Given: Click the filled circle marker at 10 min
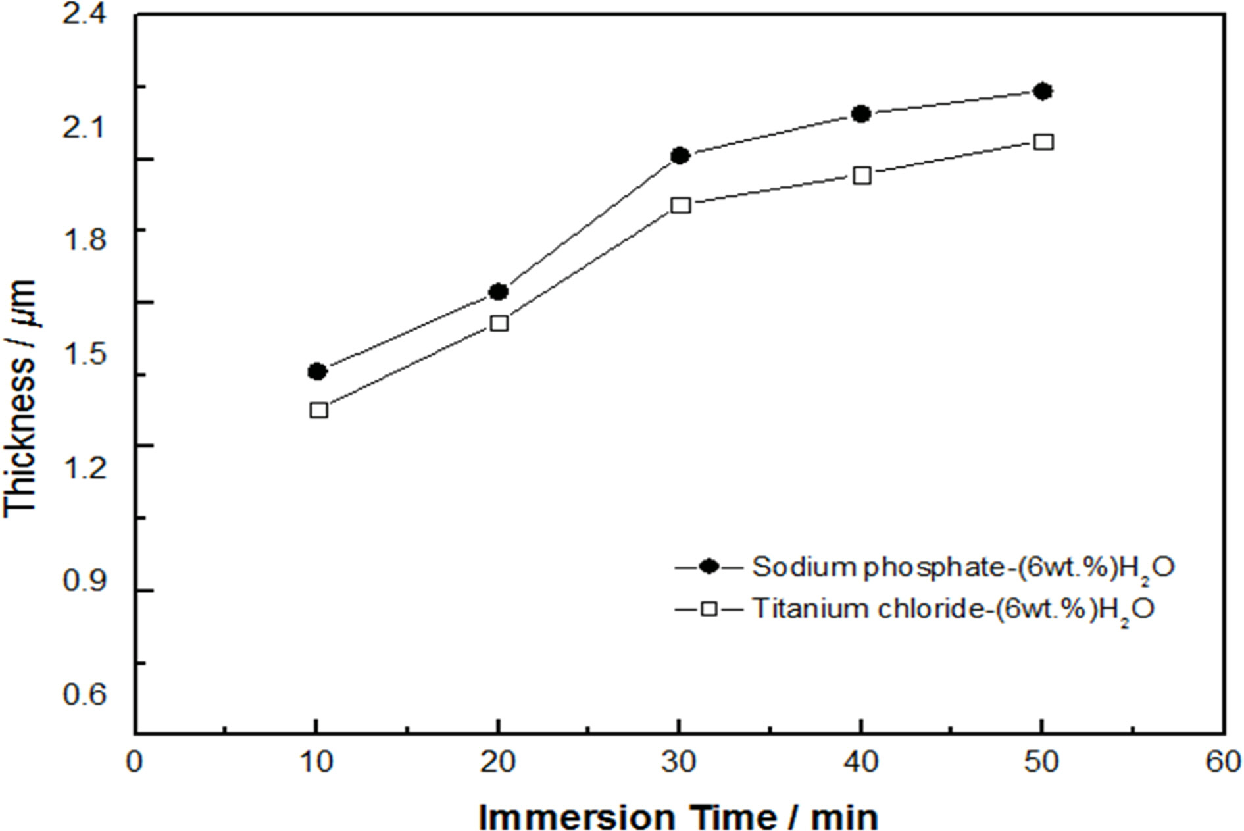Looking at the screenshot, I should tap(317, 372).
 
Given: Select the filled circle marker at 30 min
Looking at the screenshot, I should tap(680, 156).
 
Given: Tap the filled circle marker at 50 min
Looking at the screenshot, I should tap(1043, 91).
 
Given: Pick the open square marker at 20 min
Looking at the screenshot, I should tap(499, 323).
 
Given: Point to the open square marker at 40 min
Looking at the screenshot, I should tap(862, 176).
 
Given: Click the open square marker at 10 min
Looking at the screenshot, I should tap(318, 411).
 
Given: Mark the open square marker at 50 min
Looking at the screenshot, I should tap(1044, 142).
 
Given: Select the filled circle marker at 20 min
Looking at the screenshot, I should tap(499, 291).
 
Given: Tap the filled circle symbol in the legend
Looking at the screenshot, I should tap(709, 567).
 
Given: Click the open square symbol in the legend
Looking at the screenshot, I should tap(709, 609).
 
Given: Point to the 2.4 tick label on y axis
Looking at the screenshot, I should tap(84, 14).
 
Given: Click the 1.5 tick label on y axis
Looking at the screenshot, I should tap(84, 354).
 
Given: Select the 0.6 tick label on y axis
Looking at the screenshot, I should tap(84, 694).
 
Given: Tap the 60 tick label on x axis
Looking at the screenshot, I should tap(1224, 763).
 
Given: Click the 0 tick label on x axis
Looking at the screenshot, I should tap(135, 763).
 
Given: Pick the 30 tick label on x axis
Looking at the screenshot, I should tap(679, 763).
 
